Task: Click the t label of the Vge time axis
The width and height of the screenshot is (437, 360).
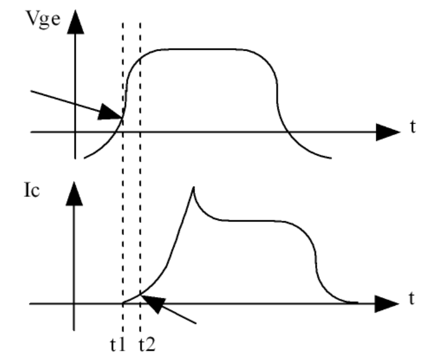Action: (413, 128)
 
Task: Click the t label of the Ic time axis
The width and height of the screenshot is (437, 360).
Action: (413, 299)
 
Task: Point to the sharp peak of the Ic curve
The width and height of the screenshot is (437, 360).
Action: (193, 187)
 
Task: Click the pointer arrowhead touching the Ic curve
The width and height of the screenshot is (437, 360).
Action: (151, 302)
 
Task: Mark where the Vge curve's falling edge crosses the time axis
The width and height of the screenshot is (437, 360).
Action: (286, 132)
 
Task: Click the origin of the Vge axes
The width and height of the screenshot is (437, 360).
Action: (75, 132)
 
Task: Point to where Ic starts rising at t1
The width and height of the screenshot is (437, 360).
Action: (123, 303)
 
